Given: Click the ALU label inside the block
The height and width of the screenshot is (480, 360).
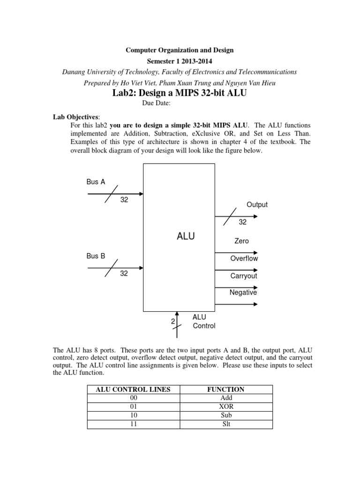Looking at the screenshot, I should (185, 237).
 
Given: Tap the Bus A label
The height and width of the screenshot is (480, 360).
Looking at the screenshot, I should (96, 181).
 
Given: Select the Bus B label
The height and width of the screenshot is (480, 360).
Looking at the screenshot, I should (96, 256).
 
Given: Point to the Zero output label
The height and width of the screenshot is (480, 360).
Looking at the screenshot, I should (241, 241).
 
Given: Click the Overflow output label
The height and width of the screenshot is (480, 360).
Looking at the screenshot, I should (244, 258).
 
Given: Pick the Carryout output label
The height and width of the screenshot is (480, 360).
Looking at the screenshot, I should (243, 276).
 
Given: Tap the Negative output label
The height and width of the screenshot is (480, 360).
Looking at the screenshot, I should (243, 292).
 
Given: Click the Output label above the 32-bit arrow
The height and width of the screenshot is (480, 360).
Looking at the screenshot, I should (257, 204).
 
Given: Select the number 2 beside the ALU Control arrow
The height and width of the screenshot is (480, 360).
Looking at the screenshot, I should (172, 322).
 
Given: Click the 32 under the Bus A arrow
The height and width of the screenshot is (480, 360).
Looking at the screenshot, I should (124, 200).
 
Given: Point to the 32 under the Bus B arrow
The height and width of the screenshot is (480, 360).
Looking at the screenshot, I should (124, 274).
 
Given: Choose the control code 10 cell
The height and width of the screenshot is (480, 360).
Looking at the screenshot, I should (134, 415).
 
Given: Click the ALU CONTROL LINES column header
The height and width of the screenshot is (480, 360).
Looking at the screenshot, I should (134, 389).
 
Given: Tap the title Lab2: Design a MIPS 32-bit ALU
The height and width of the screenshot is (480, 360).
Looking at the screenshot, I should (180, 93).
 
